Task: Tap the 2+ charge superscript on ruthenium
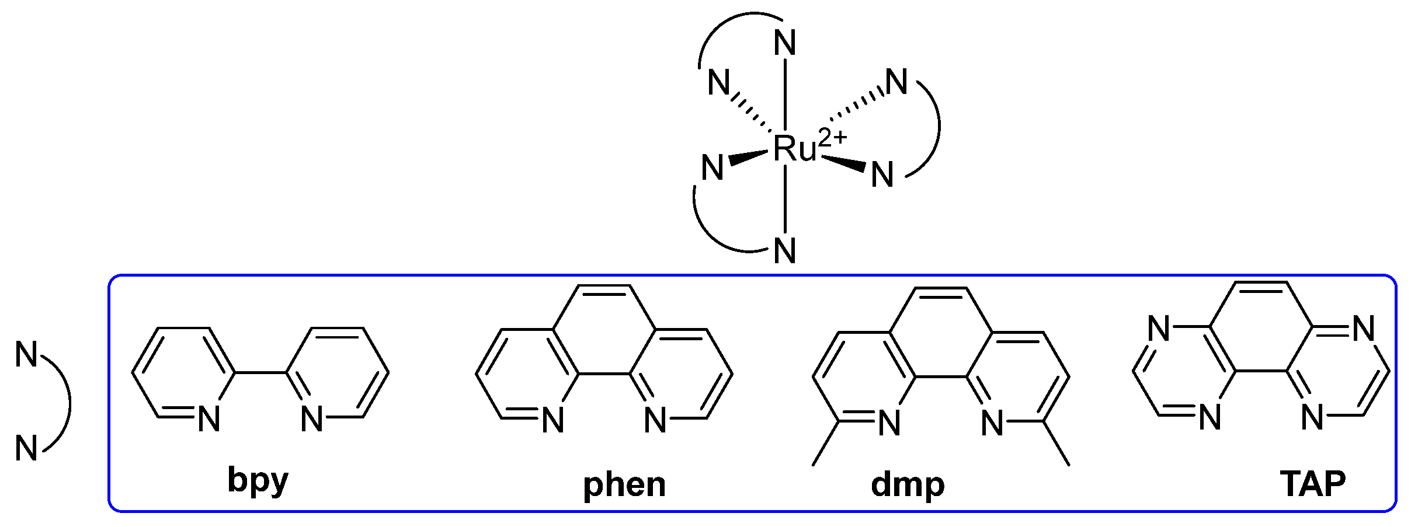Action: click(x=833, y=138)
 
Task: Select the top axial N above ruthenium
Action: click(x=785, y=43)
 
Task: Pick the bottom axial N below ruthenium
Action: click(x=785, y=251)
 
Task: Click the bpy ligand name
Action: click(x=258, y=481)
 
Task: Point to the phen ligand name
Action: click(x=624, y=484)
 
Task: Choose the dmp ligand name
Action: click(x=907, y=484)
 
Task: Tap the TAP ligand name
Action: click(x=1312, y=483)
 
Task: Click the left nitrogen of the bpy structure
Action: click(x=209, y=419)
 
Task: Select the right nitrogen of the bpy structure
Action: click(x=312, y=419)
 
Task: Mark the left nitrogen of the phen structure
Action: click(x=552, y=420)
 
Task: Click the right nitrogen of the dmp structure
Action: click(x=992, y=423)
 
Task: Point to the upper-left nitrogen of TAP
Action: click(x=1159, y=329)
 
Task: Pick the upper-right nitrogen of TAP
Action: click(x=1363, y=329)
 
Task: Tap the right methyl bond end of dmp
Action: click(x=1069, y=465)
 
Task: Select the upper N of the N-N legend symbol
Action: click(x=26, y=354)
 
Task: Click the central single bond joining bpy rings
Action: click(x=260, y=372)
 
